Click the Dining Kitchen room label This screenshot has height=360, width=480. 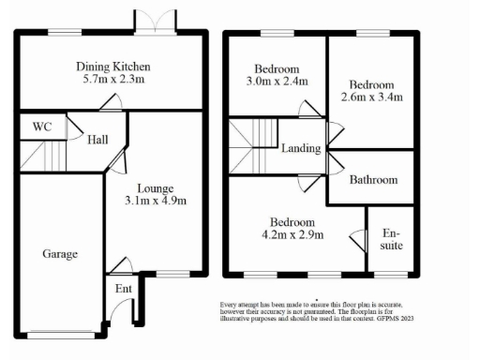point(112,67)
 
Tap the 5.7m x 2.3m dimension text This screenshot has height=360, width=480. point(112,81)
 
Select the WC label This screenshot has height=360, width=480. point(41,127)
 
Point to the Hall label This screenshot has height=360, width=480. point(97,140)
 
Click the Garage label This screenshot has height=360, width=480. point(59,253)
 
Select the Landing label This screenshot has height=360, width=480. point(301,148)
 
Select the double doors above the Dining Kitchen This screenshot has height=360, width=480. point(165,21)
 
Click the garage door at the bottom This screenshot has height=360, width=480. point(60,333)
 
